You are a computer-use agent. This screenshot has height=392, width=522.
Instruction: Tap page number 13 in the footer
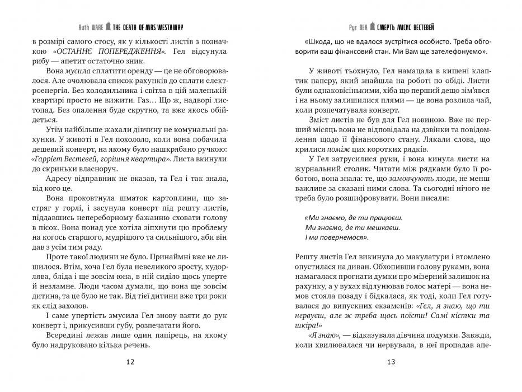[x=391, y=362]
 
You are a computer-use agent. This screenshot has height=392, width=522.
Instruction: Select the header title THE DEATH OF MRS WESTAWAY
[x=152, y=27]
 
